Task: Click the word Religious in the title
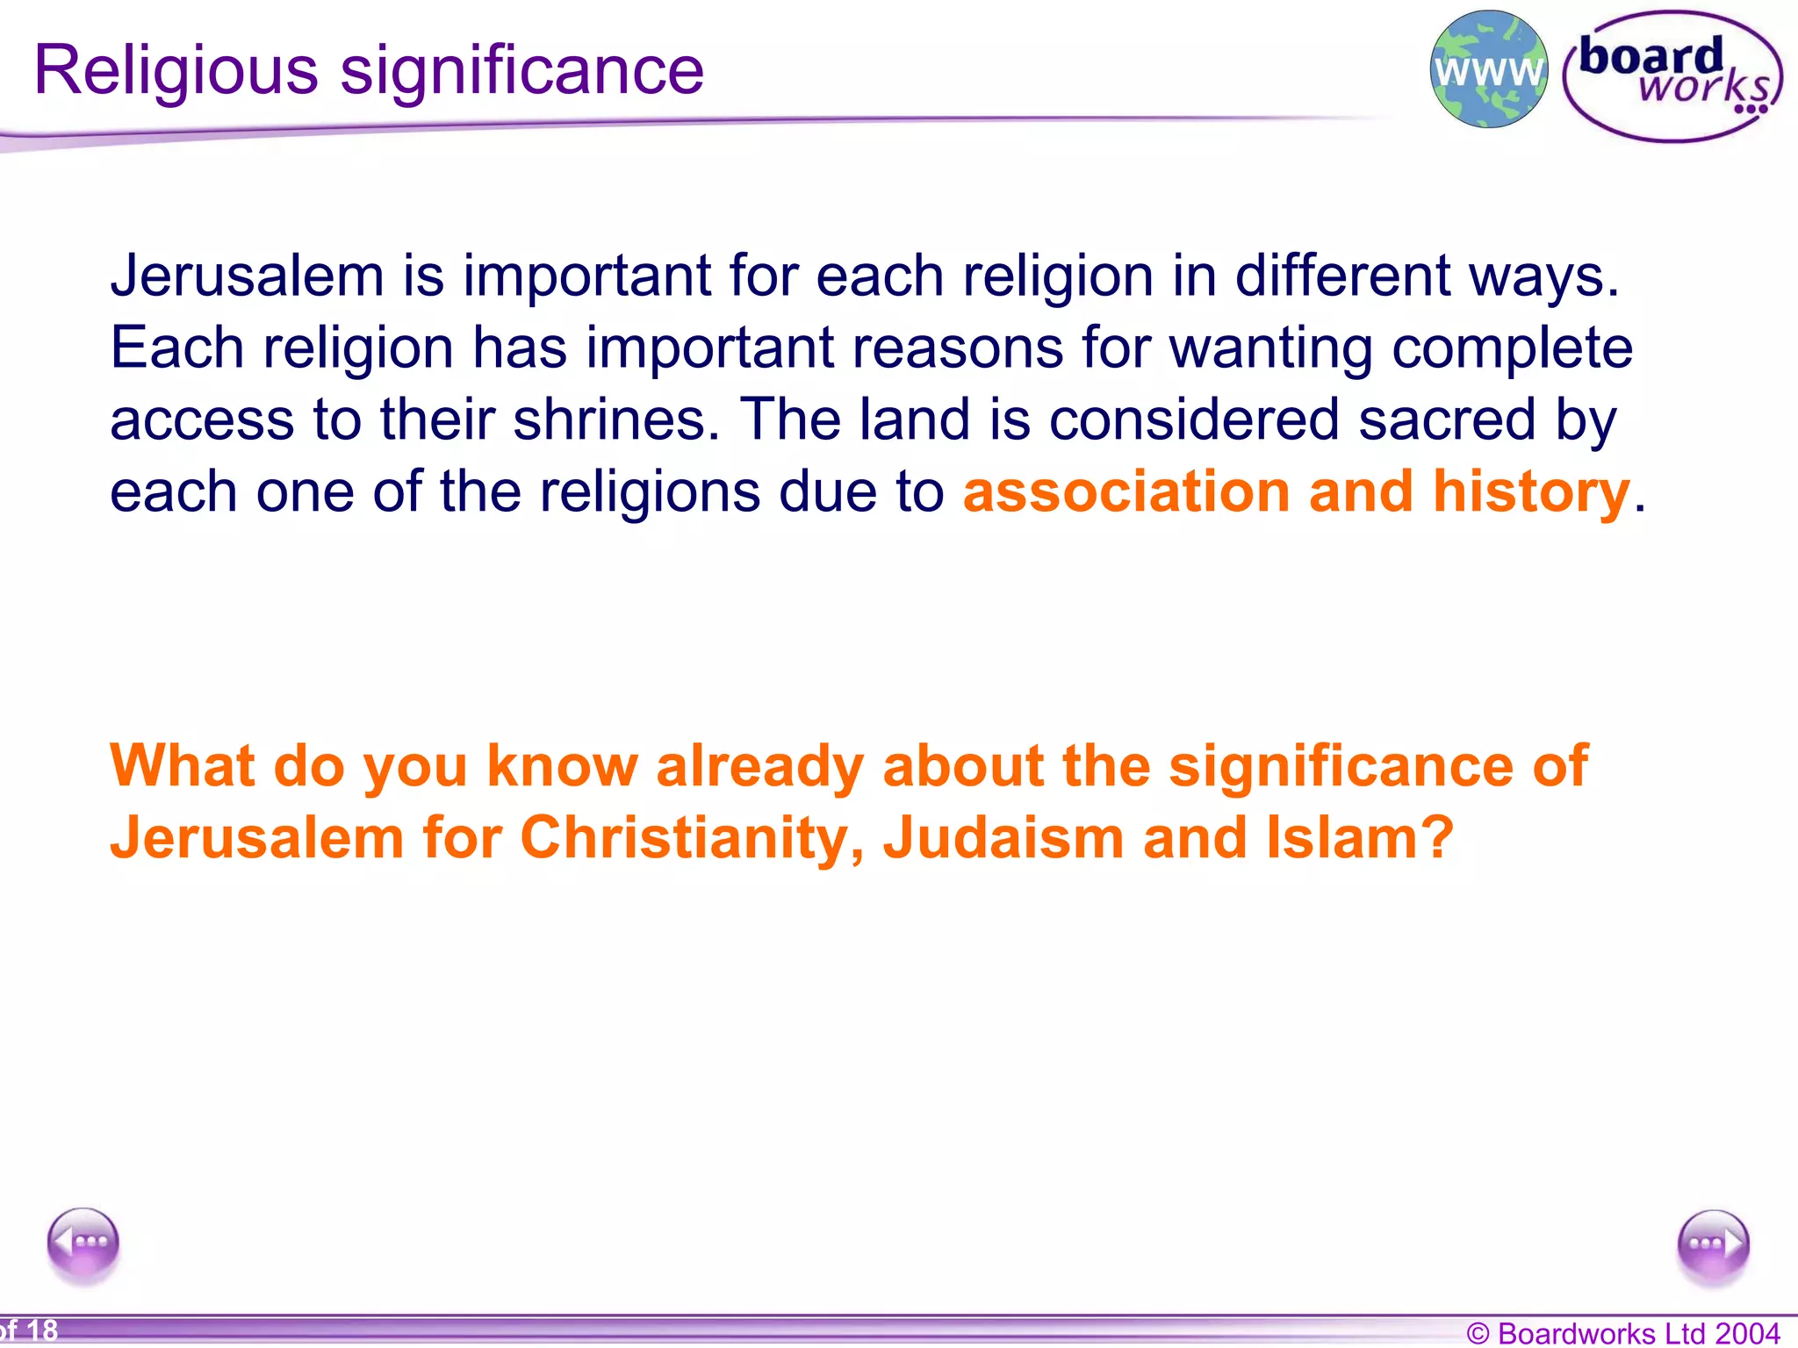[176, 70]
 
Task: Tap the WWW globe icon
[1489, 70]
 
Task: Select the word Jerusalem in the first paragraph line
[248, 276]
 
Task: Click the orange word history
[1531, 491]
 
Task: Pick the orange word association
[1126, 491]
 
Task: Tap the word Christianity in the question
[692, 837]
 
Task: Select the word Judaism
[1003, 837]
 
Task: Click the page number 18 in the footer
[41, 1330]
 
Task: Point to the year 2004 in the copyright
[1747, 1333]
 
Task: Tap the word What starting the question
[183, 765]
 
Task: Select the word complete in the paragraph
[1512, 348]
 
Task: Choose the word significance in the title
[521, 70]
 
